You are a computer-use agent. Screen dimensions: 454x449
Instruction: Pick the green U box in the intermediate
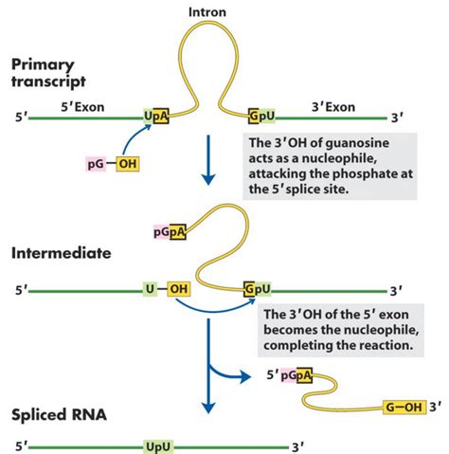pyautogui.click(x=150, y=288)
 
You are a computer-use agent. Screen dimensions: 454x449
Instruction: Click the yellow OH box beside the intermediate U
pyautogui.click(x=180, y=288)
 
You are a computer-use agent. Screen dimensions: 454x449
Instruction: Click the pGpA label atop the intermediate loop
pyautogui.click(x=164, y=230)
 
